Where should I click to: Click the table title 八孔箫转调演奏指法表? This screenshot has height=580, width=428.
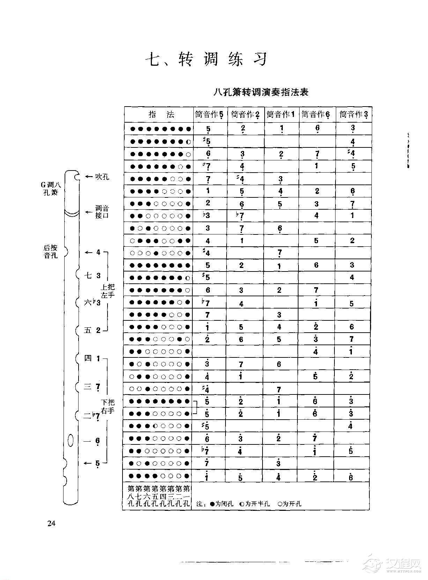(261, 93)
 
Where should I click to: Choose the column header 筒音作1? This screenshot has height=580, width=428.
(281, 115)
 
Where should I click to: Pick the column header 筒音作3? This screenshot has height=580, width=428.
(354, 115)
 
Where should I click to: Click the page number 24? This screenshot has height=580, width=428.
(51, 523)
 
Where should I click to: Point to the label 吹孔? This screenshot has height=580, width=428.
(102, 177)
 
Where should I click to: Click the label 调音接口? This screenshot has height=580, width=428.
(102, 212)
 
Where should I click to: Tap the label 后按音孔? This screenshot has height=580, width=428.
(51, 252)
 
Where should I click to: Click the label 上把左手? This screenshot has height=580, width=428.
(108, 291)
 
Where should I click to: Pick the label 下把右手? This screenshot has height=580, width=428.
(108, 406)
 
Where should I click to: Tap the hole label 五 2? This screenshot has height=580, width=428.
(92, 330)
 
